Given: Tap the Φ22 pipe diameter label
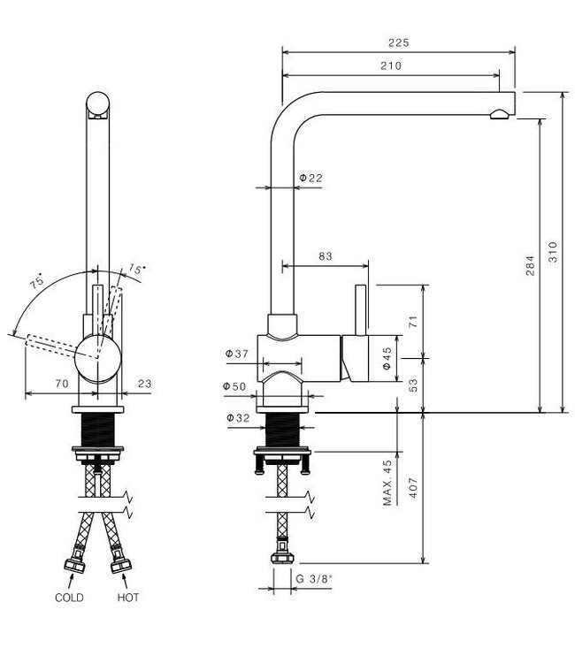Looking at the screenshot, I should point(310,178).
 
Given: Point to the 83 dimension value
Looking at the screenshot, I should point(325,256).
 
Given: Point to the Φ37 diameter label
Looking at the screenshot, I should point(238,354).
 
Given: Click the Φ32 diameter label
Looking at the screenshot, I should point(236,416).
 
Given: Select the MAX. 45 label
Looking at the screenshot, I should point(387,482).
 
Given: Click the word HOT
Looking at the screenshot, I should point(127,598).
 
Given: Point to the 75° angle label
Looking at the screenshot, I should point(37,284).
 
